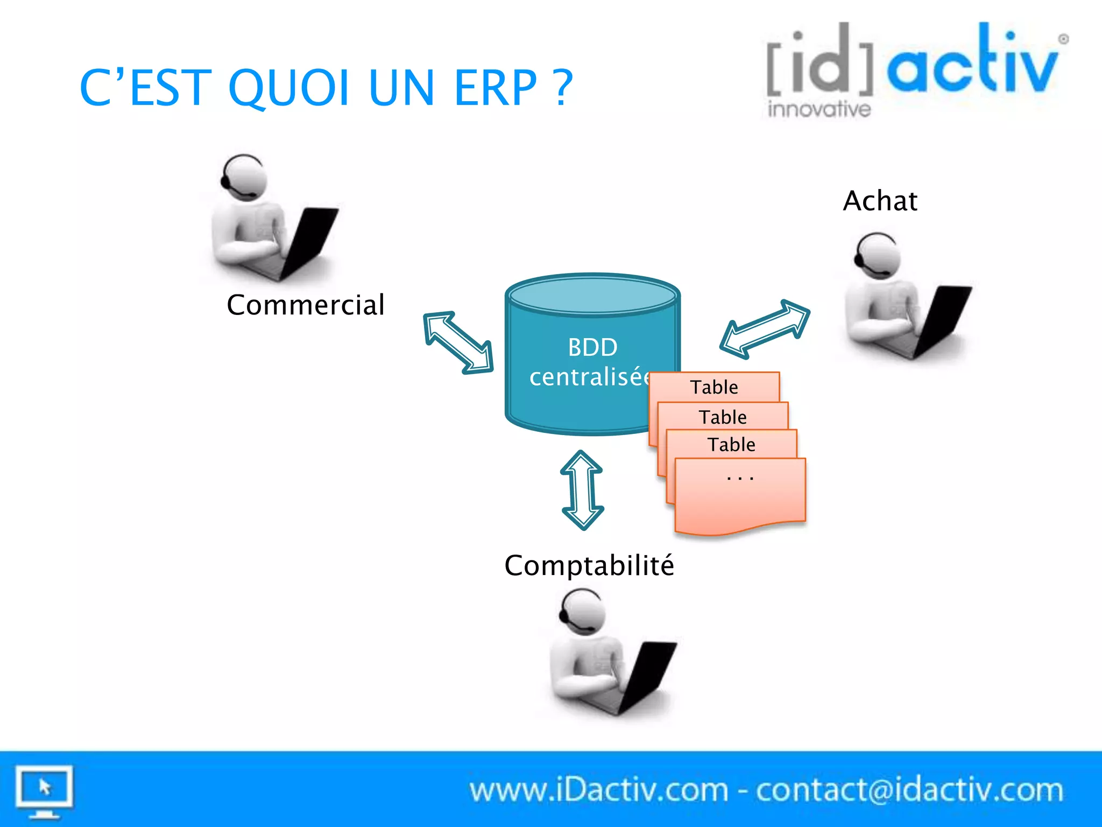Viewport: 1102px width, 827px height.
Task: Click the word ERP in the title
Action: (x=495, y=88)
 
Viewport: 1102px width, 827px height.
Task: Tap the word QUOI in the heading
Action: (x=289, y=88)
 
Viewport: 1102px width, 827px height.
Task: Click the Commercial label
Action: (x=306, y=305)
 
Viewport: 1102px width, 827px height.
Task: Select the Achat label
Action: (x=880, y=201)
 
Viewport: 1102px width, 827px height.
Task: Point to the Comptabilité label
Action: (x=589, y=565)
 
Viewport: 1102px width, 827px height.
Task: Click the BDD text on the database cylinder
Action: (x=592, y=347)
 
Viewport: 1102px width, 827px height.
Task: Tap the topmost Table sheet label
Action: (x=714, y=387)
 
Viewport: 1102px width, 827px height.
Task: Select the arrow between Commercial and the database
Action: (x=458, y=342)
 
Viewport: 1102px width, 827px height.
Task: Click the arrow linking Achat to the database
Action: (x=765, y=328)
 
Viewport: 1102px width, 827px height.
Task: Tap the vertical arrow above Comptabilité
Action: (x=582, y=490)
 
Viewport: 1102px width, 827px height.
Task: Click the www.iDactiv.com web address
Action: (x=598, y=790)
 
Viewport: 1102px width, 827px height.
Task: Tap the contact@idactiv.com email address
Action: (x=909, y=790)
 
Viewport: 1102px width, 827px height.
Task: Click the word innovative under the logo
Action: (x=819, y=109)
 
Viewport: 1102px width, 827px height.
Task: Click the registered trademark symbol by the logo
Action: (x=1063, y=39)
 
